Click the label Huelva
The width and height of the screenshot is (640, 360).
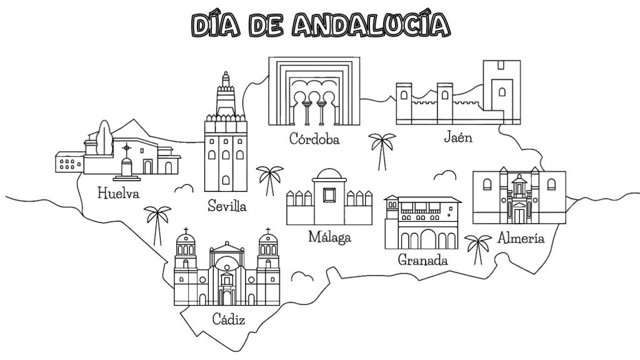coord(118,192)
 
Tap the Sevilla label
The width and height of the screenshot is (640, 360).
coord(227,205)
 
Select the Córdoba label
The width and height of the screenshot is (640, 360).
coord(314,139)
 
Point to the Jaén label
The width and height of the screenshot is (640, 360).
coord(458,137)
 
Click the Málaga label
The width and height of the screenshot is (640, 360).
coord(329,236)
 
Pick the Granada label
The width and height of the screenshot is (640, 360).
coord(422,259)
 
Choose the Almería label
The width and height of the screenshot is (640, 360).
coord(521,237)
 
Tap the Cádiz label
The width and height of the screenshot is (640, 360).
coord(229,319)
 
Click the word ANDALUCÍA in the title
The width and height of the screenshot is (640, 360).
coord(371,25)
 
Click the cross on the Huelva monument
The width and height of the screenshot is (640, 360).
coord(127,147)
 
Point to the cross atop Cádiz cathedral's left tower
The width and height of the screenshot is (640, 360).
coord(186,231)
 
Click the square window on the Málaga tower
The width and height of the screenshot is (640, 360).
coord(329,195)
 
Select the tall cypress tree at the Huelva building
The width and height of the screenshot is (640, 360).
coord(105,138)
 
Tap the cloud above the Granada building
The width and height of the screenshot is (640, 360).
coord(445,176)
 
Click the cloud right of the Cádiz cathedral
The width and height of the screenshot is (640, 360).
coord(303,277)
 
